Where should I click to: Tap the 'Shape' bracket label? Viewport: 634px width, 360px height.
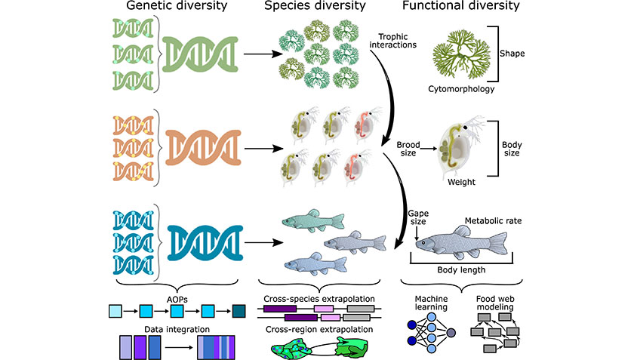coord(513,54)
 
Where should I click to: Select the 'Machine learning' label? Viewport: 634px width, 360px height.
coord(432,303)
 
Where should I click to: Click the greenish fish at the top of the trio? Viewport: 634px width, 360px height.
coord(312,222)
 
